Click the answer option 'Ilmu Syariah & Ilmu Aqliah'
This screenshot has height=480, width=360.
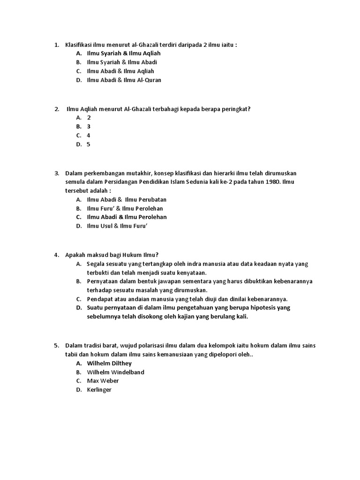point(124,53)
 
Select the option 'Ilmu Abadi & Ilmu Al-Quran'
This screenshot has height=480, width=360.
point(124,80)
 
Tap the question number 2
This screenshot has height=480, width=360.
point(56,109)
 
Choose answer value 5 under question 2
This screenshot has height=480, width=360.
point(88,144)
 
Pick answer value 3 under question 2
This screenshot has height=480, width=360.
point(88,127)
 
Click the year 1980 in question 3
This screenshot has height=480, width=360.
point(270,182)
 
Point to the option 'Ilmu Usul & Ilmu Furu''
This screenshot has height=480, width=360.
point(120,226)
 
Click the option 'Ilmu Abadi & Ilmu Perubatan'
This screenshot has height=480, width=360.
point(127,199)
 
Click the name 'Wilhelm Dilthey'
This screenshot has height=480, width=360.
point(109,363)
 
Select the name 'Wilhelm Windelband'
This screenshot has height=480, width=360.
point(116,372)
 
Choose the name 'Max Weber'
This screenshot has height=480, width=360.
point(103,381)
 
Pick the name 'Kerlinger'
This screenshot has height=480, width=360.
point(99,390)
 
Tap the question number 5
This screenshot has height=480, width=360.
point(56,346)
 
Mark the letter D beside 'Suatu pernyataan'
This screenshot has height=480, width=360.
point(79,308)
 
